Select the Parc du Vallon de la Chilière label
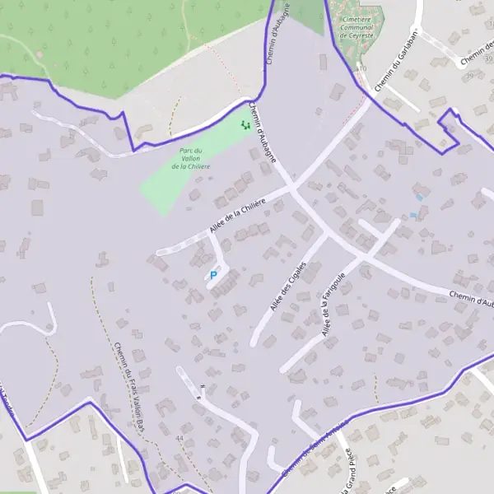pyautogui.click(x=191, y=158)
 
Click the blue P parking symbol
pyautogui.click(x=214, y=275)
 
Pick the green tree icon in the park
pyautogui.click(x=245, y=125)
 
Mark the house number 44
pyautogui.click(x=179, y=438)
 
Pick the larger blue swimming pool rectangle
pyautogui.click(x=421, y=198)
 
